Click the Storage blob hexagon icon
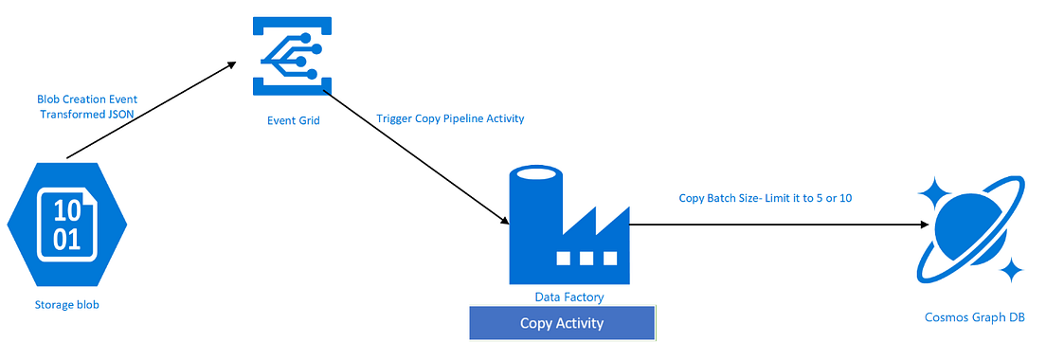pos(67,225)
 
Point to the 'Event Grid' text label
pos(292,120)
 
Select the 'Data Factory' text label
pos(569,296)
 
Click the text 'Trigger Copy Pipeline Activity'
pos(450,118)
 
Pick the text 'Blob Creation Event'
pos(87,100)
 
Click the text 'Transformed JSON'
pos(87,114)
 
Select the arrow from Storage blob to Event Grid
pos(152,110)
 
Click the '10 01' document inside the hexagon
pos(67,225)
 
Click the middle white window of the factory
pos(586,258)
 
